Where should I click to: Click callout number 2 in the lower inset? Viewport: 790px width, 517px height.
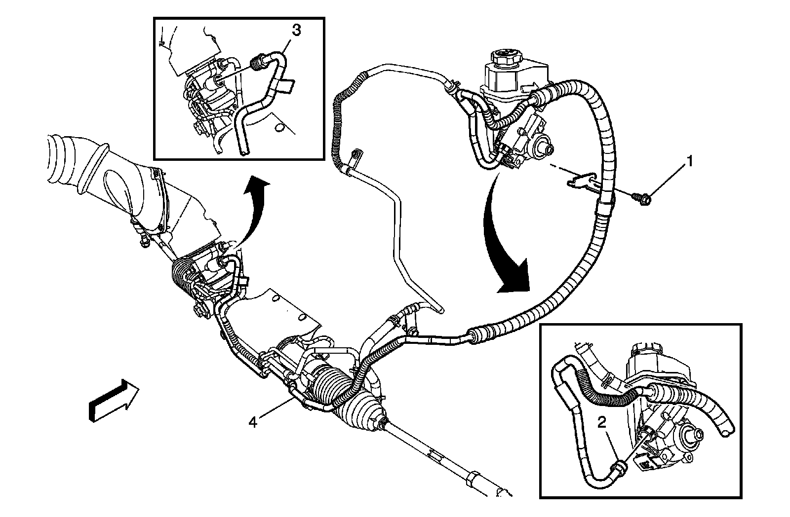601,422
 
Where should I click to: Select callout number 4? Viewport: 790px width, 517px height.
252,422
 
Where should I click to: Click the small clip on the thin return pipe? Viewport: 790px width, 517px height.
355,158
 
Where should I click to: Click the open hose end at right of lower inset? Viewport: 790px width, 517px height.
725,432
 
